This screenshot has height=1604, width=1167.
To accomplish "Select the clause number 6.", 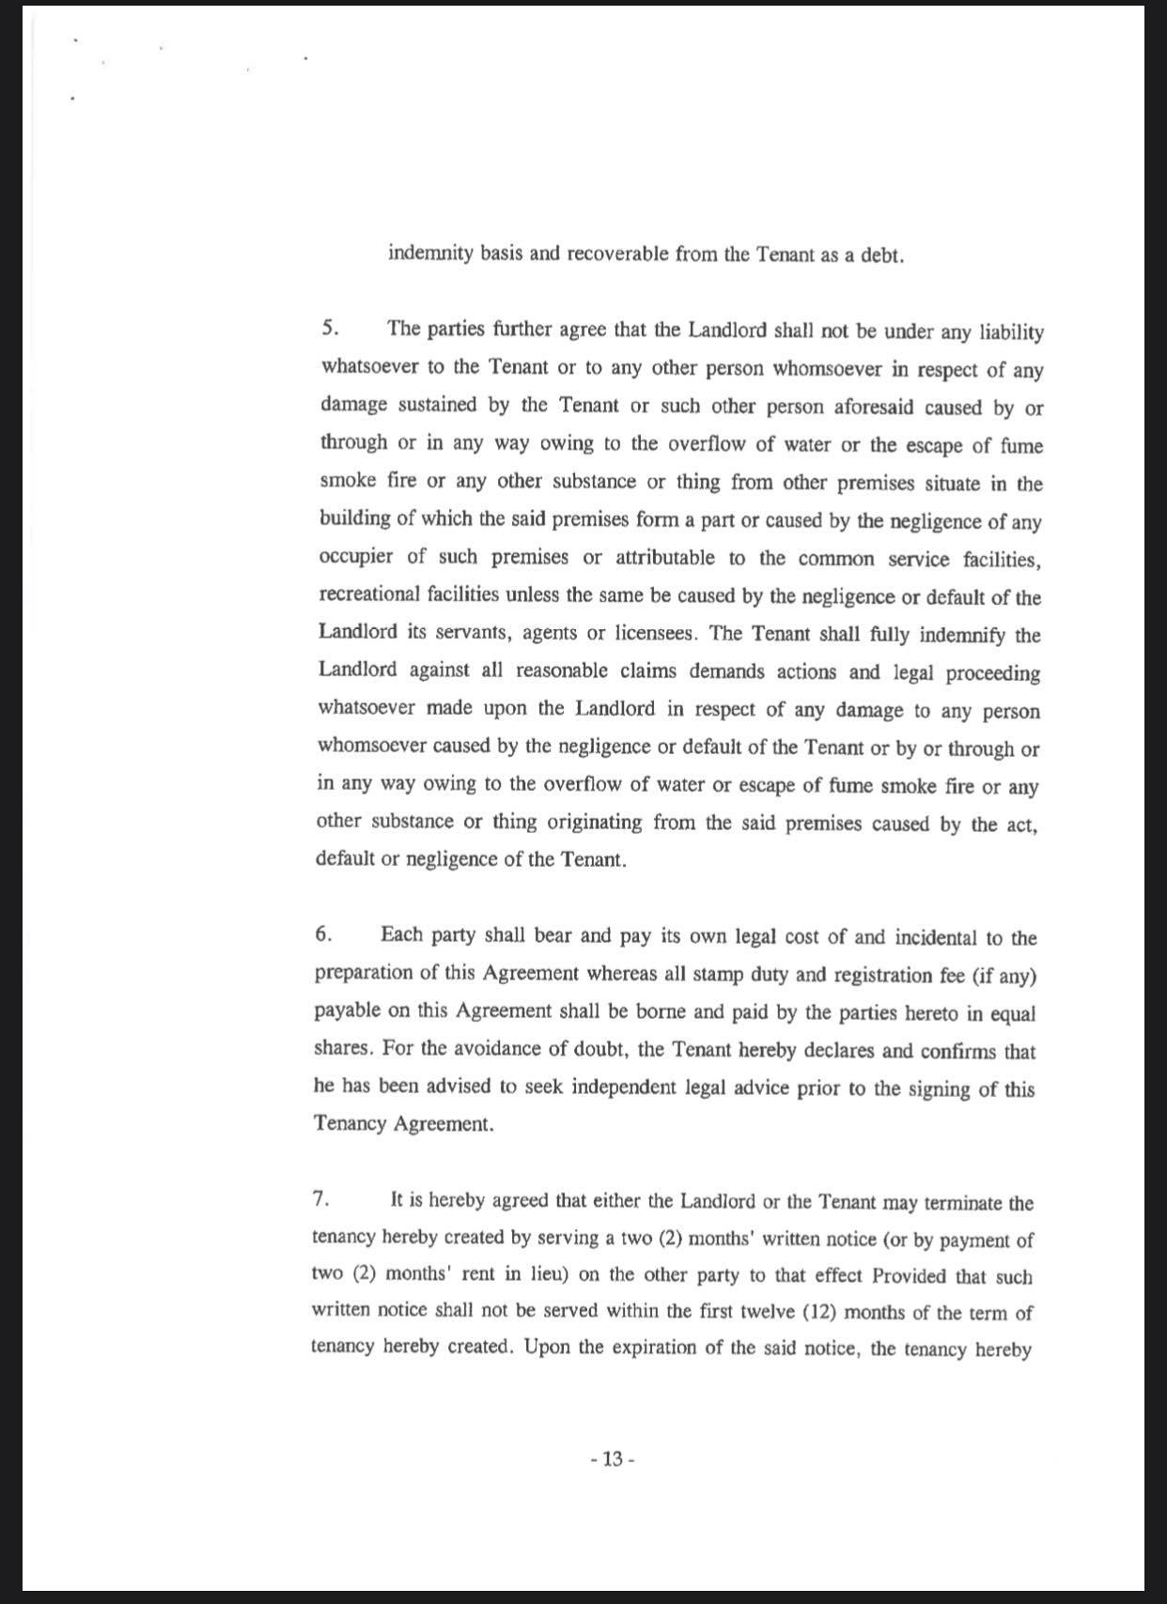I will pos(322,934).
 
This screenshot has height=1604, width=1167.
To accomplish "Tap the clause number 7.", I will pos(319,1199).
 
